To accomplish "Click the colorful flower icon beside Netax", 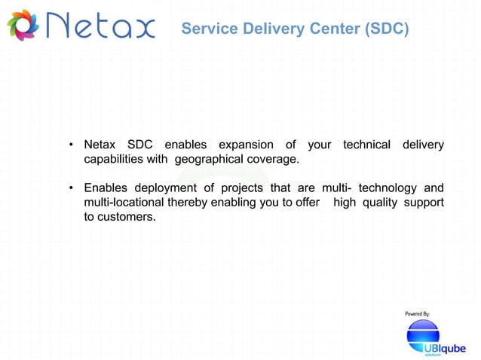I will point(22,27).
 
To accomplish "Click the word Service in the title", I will point(207,29).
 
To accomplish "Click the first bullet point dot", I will point(70,145).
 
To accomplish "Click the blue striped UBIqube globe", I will point(423,335).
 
